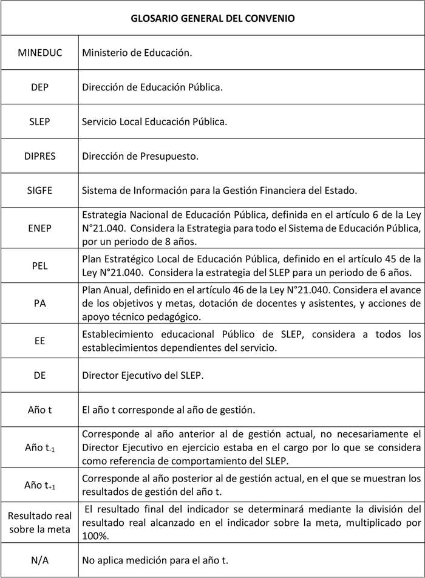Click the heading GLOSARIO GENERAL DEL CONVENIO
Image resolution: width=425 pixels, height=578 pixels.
coord(212,19)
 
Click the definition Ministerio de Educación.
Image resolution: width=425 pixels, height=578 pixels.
coord(137,53)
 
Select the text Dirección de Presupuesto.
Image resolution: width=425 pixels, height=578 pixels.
coord(140,156)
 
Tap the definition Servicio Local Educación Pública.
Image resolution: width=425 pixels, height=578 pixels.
coord(154,121)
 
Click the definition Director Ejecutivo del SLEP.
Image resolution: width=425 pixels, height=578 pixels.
coord(143,375)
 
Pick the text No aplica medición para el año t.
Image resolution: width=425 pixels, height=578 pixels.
coord(155,559)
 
